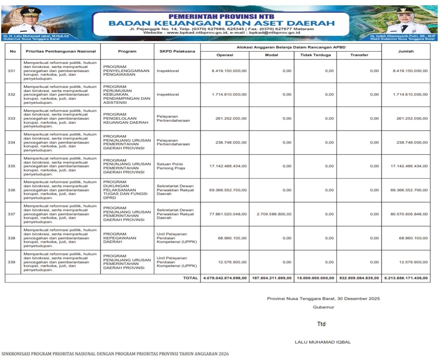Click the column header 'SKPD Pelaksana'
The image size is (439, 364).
(177, 51)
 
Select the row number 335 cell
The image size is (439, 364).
(12, 166)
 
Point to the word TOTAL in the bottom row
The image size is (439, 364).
(190, 278)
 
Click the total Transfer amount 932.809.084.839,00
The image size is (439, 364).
(359, 278)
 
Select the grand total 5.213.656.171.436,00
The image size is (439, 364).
(406, 278)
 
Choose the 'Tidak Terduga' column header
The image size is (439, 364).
(315, 55)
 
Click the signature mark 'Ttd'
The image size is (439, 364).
(321, 324)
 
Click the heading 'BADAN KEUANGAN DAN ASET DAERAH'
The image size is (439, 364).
(221, 23)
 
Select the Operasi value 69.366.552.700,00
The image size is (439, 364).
(228, 190)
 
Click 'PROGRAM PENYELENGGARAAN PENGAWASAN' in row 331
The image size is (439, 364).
(121, 71)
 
